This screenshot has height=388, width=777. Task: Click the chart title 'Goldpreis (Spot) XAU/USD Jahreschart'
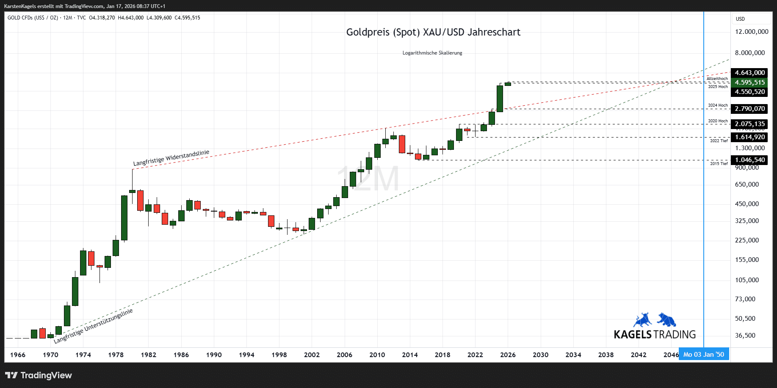(x=433, y=32)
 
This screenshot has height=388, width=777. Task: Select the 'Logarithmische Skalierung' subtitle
(x=432, y=53)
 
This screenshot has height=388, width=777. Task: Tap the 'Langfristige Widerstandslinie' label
(x=171, y=158)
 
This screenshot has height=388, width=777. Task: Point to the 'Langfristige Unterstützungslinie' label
(x=94, y=325)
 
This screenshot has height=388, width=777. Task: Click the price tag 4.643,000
(x=749, y=73)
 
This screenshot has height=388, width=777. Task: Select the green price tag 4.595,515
(x=749, y=83)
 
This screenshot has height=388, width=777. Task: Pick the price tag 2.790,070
(x=749, y=109)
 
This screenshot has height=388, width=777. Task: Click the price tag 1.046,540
(x=749, y=160)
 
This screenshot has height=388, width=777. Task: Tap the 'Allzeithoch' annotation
(x=717, y=79)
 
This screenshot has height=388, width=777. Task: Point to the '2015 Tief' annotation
(x=719, y=164)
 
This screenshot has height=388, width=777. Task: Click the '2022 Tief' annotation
(x=719, y=141)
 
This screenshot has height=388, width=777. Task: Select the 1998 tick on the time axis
(x=279, y=355)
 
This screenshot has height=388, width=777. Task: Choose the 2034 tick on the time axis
(x=573, y=355)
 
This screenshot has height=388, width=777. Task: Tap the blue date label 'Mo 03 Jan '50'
(x=703, y=355)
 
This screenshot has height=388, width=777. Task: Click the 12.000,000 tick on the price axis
(x=752, y=32)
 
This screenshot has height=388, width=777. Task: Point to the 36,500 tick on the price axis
(x=745, y=336)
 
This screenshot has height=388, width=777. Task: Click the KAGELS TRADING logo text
(x=655, y=335)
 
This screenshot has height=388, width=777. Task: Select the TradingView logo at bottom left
(x=39, y=375)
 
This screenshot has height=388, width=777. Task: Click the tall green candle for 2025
(x=500, y=99)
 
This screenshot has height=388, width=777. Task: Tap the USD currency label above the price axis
(x=740, y=19)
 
